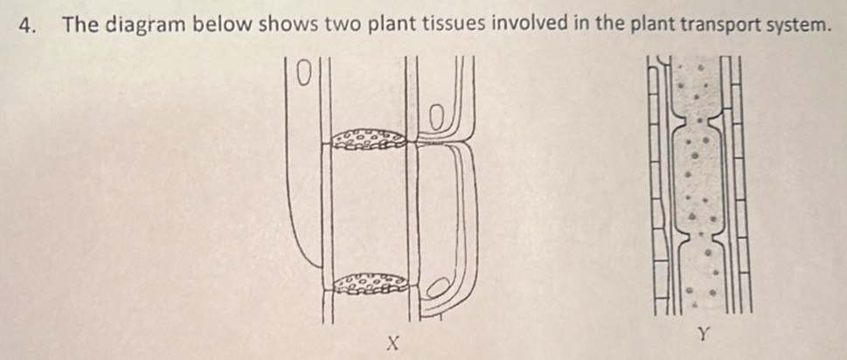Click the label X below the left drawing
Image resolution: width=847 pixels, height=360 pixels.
395,343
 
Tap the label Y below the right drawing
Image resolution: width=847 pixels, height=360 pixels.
702,335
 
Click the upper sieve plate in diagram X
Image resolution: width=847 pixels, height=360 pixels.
369,139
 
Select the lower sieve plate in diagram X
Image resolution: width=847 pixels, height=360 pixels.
370,283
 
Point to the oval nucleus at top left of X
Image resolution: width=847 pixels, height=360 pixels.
304,74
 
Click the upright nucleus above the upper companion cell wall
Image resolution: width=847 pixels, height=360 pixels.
436,117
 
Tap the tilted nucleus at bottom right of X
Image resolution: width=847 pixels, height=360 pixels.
439,287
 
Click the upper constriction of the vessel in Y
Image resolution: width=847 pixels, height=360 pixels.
699,120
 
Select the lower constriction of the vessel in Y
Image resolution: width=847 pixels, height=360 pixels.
699,235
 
